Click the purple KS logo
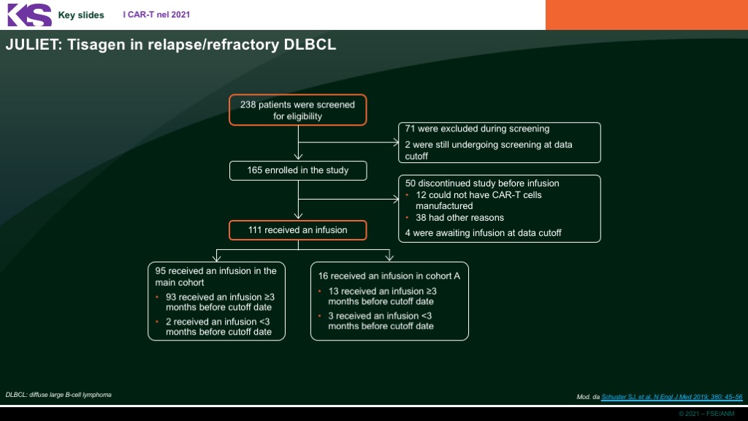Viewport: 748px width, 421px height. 29,15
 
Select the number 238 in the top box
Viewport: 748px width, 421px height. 248,105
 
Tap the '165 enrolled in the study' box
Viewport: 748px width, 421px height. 298,170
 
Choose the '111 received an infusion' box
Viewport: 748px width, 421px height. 298,230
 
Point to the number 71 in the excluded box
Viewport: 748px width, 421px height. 410,129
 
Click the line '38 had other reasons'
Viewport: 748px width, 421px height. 460,218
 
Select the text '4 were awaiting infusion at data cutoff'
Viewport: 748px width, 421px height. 484,233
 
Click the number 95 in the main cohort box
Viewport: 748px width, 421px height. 160,270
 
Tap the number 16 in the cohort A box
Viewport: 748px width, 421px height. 323,276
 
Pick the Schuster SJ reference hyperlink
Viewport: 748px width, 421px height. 672,397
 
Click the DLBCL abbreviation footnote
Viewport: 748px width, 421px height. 58,395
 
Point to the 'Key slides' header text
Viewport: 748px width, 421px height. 81,15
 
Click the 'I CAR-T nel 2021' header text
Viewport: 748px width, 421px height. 156,15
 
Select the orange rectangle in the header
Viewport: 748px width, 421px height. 647,15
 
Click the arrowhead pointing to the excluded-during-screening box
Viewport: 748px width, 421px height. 396,142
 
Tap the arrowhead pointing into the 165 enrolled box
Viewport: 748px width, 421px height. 298,156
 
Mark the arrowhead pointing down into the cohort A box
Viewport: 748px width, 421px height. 389,257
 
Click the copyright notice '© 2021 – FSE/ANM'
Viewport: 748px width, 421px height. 706,414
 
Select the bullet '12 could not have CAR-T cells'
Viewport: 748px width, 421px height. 478,194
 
